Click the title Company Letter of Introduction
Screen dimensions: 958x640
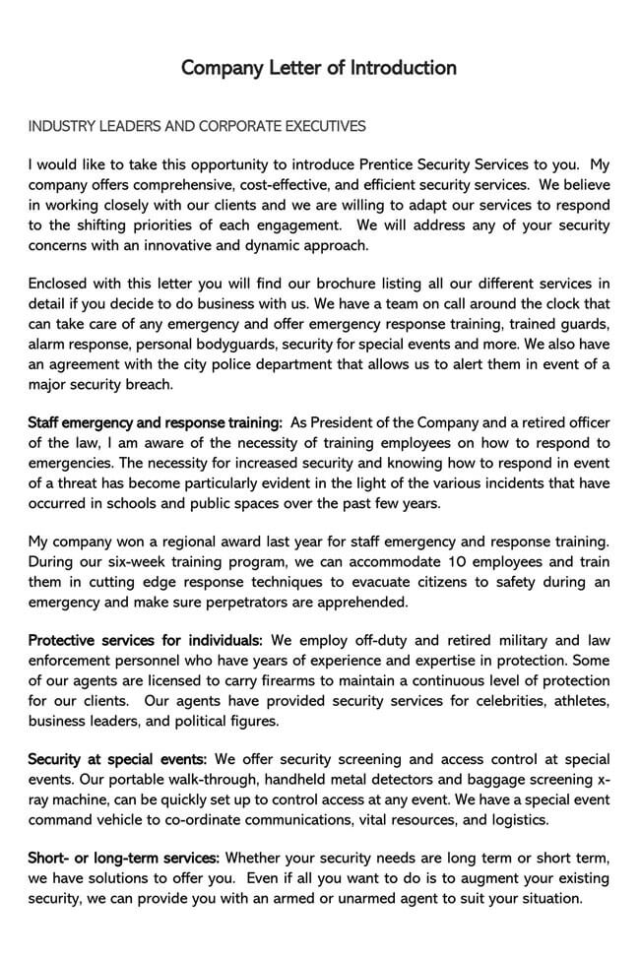tap(319, 68)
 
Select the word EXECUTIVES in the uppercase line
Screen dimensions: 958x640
tap(325, 126)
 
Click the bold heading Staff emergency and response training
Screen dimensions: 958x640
tap(155, 423)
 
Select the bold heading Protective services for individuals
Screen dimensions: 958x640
tap(145, 641)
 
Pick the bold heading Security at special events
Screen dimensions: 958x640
tap(117, 759)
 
